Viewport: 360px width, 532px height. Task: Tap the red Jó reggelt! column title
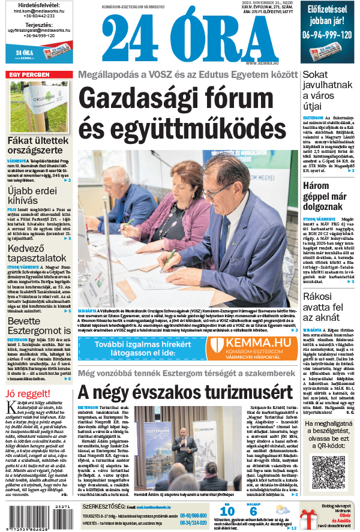(x=25, y=393)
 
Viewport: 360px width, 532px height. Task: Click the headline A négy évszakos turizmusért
(x=187, y=392)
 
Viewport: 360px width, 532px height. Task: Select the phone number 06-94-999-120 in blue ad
(x=327, y=35)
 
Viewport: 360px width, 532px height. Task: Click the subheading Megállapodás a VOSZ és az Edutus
(x=188, y=75)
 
